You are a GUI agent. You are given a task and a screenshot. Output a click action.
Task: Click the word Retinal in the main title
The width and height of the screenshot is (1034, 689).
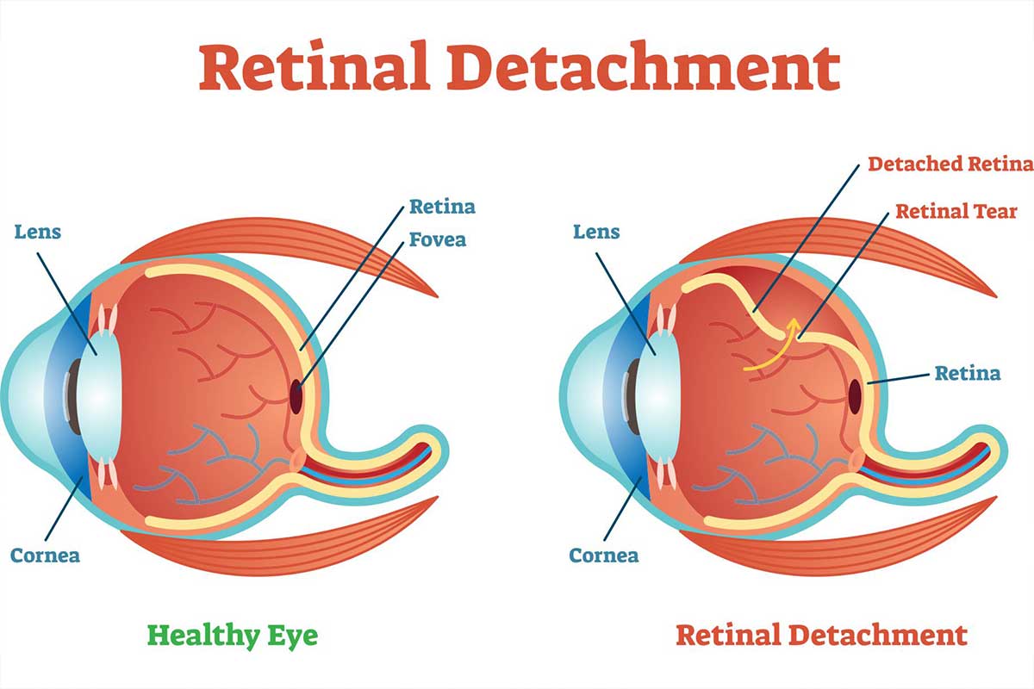click(315, 69)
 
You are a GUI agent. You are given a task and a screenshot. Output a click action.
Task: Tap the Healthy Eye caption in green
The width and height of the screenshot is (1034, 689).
click(232, 636)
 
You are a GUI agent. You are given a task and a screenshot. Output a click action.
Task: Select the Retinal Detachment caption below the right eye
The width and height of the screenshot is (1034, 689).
click(821, 636)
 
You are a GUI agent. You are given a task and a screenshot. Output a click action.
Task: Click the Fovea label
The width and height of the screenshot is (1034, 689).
click(437, 239)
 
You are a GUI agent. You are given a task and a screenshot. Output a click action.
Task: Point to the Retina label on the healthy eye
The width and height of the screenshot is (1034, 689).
click(442, 207)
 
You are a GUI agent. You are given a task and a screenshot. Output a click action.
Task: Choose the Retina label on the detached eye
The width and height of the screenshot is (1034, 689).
click(968, 373)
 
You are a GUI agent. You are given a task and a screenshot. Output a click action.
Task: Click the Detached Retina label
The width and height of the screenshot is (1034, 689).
click(950, 164)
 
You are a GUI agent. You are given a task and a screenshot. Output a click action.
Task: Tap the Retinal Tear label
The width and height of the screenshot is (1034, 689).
click(956, 211)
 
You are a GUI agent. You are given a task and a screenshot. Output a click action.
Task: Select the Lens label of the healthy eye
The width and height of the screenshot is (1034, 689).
click(38, 233)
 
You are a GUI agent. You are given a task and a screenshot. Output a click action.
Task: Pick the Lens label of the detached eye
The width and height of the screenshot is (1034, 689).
click(596, 233)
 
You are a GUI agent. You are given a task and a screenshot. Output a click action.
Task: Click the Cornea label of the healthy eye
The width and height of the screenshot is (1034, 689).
click(45, 555)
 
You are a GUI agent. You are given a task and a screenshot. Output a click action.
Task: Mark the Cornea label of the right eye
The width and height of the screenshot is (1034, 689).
click(603, 555)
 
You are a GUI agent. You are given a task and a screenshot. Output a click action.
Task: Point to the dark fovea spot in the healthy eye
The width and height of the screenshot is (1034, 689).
click(296, 397)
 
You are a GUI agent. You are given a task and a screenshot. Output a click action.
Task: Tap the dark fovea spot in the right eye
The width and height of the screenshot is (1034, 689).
click(855, 395)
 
